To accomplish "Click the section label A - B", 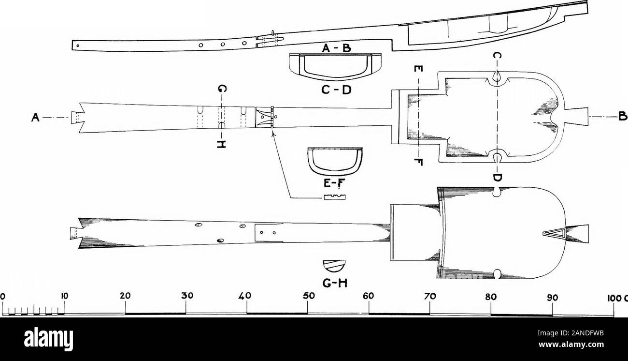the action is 336,48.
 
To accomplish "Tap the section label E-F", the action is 334,183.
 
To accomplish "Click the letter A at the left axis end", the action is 35,117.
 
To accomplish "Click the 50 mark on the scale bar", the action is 309,297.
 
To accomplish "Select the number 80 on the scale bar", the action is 491,297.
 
